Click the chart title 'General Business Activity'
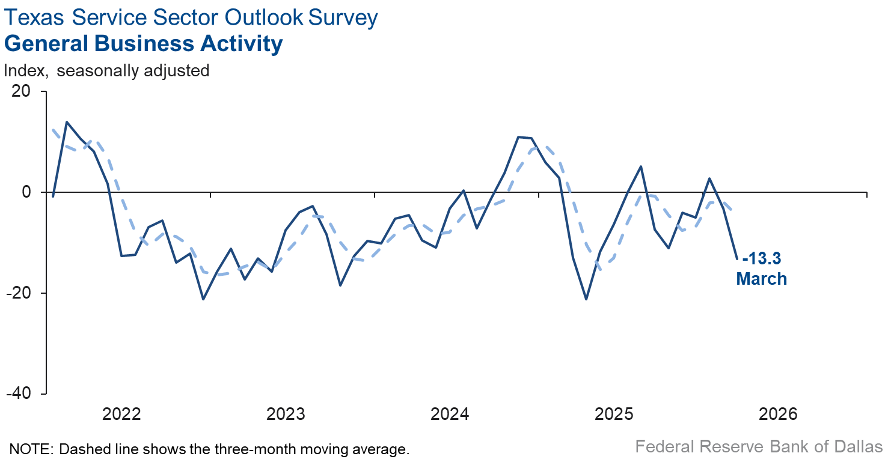[143, 44]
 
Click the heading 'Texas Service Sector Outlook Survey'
[191, 17]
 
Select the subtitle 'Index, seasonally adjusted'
[106, 70]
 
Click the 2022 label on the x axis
[121, 414]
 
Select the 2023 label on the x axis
[286, 414]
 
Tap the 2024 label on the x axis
[450, 414]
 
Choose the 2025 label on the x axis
[614, 414]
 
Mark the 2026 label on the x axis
[778, 414]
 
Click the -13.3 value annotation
[762, 260]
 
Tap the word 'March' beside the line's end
[762, 279]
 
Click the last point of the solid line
[737, 259]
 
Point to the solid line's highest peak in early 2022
[67, 122]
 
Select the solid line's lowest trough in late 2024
[586, 299]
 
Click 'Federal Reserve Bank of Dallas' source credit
[759, 447]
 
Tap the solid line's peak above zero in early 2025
[641, 166]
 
